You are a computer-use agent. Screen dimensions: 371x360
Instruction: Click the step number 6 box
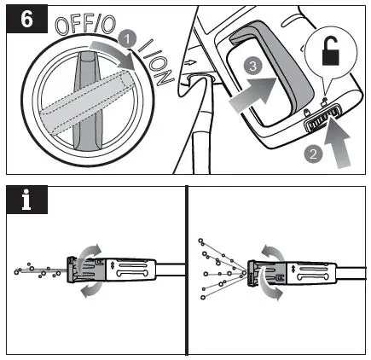26,20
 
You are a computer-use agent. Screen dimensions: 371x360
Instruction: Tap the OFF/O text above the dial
85,26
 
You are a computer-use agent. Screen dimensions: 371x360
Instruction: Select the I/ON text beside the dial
156,62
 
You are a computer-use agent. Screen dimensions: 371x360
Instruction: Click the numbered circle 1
127,39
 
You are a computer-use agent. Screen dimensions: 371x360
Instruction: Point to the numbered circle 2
313,154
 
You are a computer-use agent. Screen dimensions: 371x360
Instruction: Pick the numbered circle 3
252,66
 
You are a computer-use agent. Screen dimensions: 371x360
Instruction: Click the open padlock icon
331,52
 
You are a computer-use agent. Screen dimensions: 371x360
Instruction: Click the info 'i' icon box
26,200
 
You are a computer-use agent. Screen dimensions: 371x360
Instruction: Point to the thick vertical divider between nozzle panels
187,270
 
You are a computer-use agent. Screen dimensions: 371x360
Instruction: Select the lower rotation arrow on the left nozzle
91,290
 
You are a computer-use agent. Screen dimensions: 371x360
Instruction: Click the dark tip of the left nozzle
72,270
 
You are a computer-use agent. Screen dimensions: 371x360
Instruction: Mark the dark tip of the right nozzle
252,272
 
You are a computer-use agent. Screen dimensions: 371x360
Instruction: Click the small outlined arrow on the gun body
190,61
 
